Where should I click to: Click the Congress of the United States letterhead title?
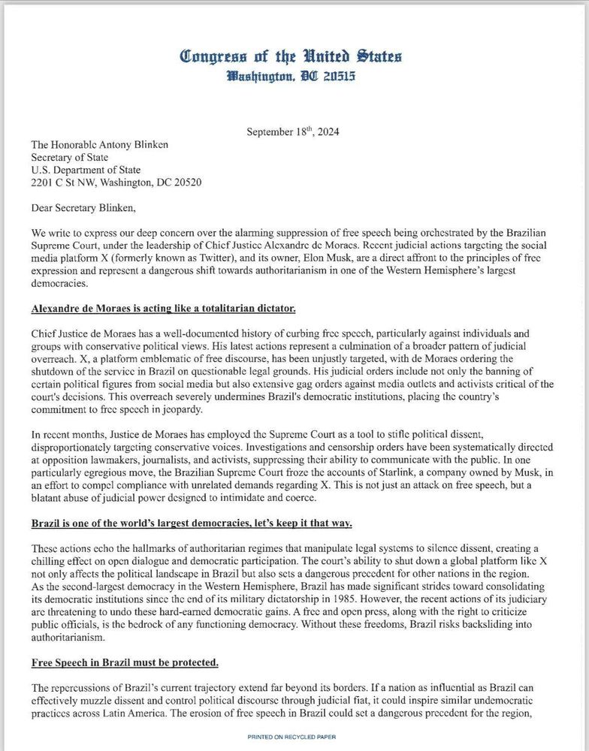[291, 56]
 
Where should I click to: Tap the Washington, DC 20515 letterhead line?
[291, 77]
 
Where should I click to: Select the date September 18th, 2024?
[293, 132]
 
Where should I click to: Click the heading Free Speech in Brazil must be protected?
[125, 662]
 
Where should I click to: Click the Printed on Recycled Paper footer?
[291, 737]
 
